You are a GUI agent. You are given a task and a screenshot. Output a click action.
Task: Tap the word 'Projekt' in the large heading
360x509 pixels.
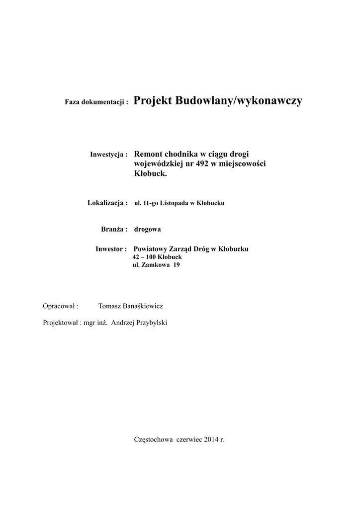click(x=153, y=101)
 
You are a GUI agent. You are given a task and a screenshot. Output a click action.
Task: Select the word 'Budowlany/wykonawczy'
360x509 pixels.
click(x=239, y=101)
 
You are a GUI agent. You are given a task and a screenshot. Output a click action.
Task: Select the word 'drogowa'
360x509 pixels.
click(x=148, y=229)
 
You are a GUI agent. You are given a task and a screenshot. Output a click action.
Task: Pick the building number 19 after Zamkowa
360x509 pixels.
click(x=176, y=265)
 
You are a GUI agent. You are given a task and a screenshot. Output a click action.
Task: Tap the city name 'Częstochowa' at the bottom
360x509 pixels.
click(x=153, y=440)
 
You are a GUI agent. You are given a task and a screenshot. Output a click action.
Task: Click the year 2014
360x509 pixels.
click(x=211, y=440)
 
